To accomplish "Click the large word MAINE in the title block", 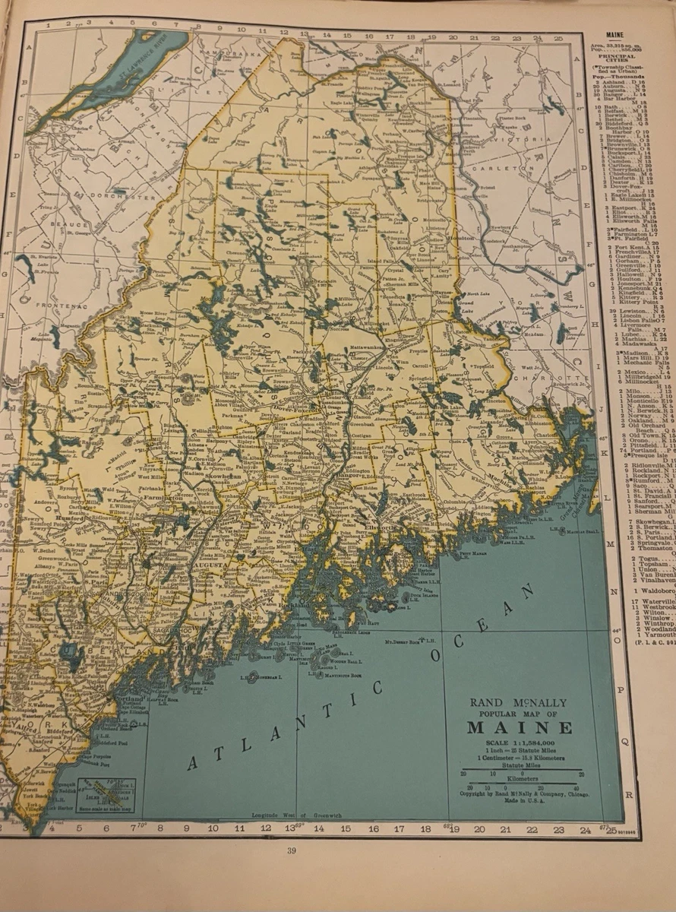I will pyautogui.click(x=519, y=727).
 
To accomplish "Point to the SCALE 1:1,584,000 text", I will pyautogui.click(x=519, y=743).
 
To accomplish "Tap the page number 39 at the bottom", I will pyautogui.click(x=291, y=850).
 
